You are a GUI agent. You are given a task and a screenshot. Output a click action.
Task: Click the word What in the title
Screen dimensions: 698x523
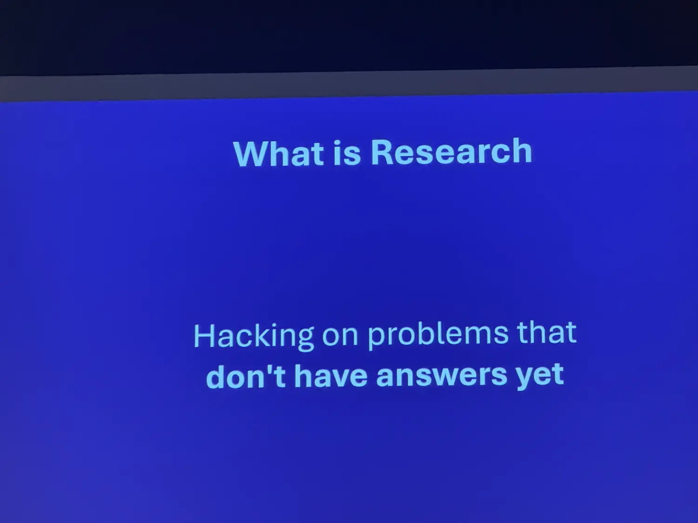coord(279,154)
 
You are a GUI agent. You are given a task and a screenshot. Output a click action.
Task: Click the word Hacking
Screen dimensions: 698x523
coord(254,337)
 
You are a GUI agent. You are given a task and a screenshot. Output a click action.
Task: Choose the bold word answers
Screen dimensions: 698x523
coord(442,376)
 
